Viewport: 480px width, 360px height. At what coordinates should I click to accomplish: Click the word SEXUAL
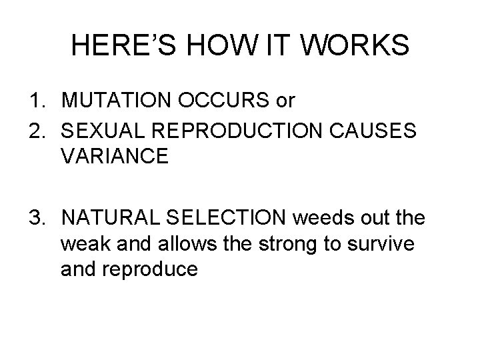99,130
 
